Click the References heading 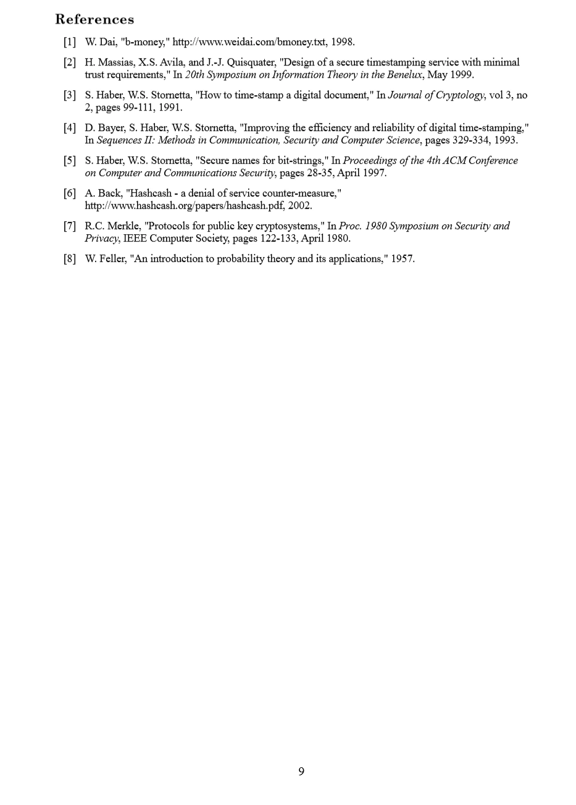[x=94, y=19]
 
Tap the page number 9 [x=301, y=771]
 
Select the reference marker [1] [x=69, y=42]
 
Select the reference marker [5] [x=69, y=161]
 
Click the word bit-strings [x=298, y=161]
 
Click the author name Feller [x=112, y=259]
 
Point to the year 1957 [x=403, y=259]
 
